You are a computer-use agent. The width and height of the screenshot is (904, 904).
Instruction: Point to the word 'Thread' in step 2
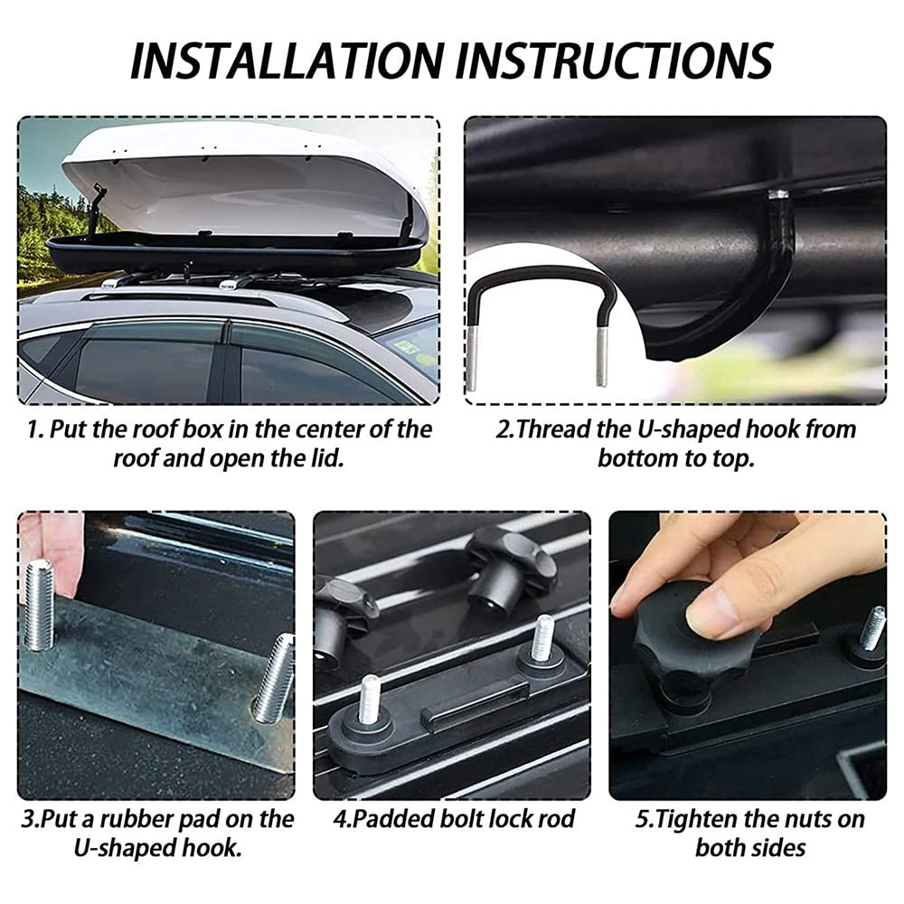pyautogui.click(x=560, y=428)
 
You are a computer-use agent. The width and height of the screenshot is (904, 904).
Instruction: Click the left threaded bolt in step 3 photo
pyautogui.click(x=40, y=604)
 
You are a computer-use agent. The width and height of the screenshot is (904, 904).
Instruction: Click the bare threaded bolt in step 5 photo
pyautogui.click(x=871, y=627)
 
